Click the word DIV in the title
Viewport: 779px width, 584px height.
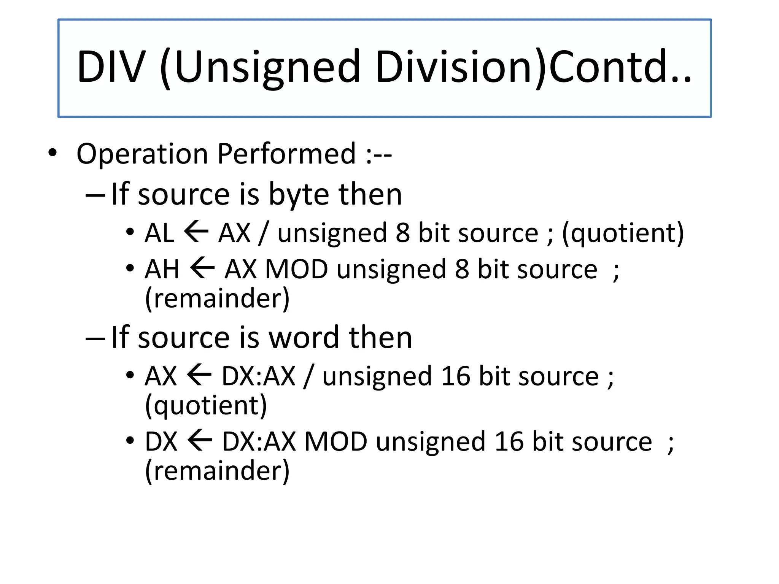point(111,67)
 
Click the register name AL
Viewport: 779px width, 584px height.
point(159,233)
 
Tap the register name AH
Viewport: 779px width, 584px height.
point(162,269)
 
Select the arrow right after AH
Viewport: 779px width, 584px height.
point(202,268)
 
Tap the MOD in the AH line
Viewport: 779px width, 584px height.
point(296,269)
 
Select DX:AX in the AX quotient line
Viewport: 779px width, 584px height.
point(258,376)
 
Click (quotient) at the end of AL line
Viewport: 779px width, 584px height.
point(623,233)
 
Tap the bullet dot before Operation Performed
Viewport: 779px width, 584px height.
point(52,153)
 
